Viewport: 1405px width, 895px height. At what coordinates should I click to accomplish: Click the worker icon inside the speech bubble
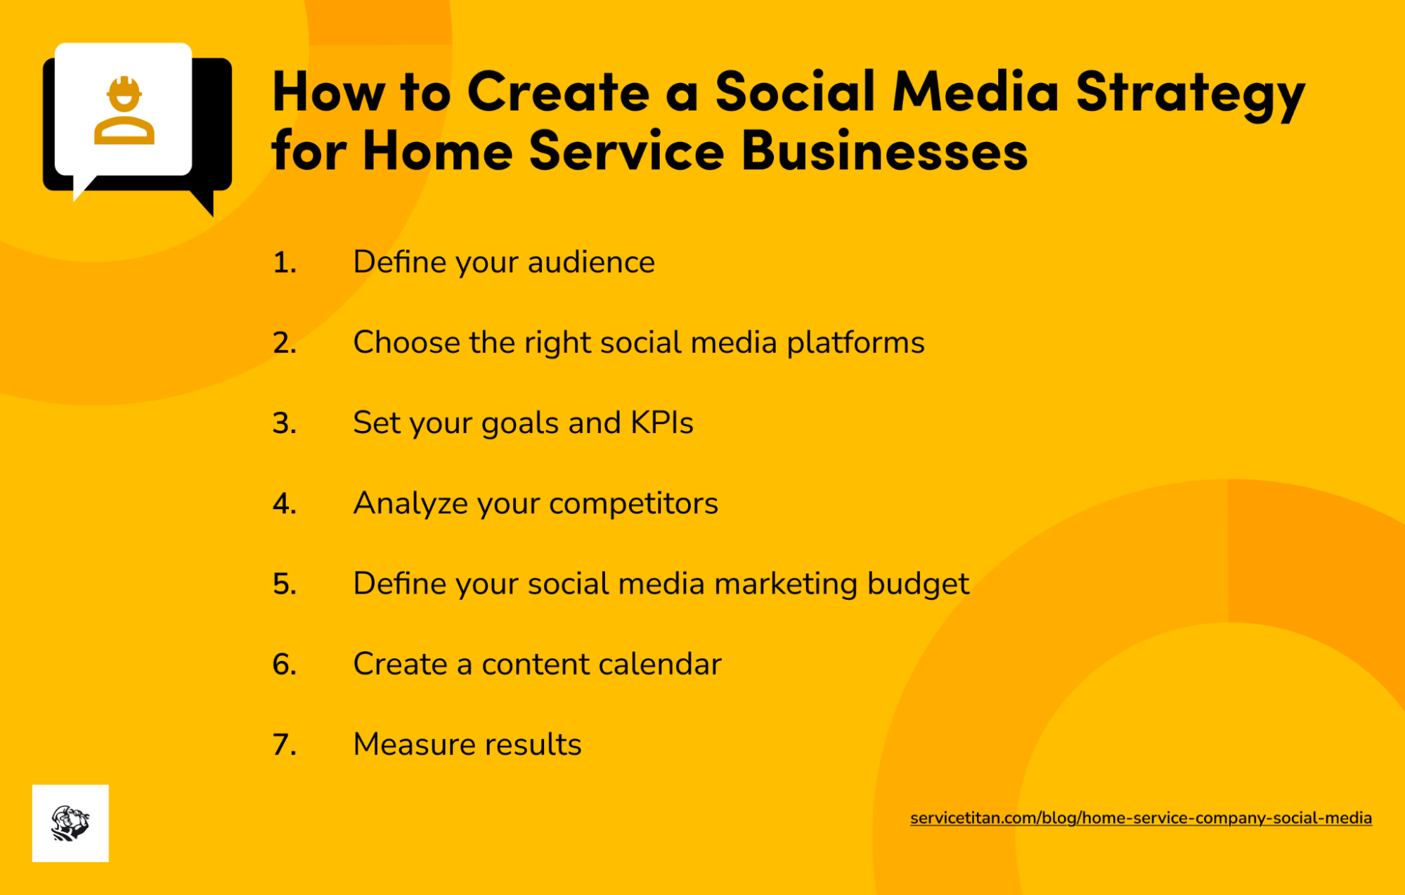pyautogui.click(x=124, y=111)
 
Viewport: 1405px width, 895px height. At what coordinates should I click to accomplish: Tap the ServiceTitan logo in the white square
pyautogui.click(x=70, y=823)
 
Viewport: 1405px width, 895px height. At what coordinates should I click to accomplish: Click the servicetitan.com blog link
pyautogui.click(x=1140, y=818)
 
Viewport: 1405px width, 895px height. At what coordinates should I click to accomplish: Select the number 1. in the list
pyautogui.click(x=284, y=262)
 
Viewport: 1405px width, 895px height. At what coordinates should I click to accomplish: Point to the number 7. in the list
pyautogui.click(x=284, y=745)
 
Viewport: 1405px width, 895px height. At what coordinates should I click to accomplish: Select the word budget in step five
pyautogui.click(x=917, y=584)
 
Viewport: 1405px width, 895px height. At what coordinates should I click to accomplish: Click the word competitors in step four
pyautogui.click(x=633, y=503)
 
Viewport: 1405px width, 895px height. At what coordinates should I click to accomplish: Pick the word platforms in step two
pyautogui.click(x=855, y=343)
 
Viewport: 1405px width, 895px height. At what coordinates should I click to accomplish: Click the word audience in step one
pyautogui.click(x=590, y=262)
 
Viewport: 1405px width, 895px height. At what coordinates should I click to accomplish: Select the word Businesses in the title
pyautogui.click(x=883, y=151)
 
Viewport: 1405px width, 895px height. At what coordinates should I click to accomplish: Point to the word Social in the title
pyautogui.click(x=795, y=91)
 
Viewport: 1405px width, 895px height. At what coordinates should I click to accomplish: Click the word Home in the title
pyautogui.click(x=437, y=151)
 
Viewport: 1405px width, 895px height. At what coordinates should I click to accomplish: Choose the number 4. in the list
pyautogui.click(x=284, y=503)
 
